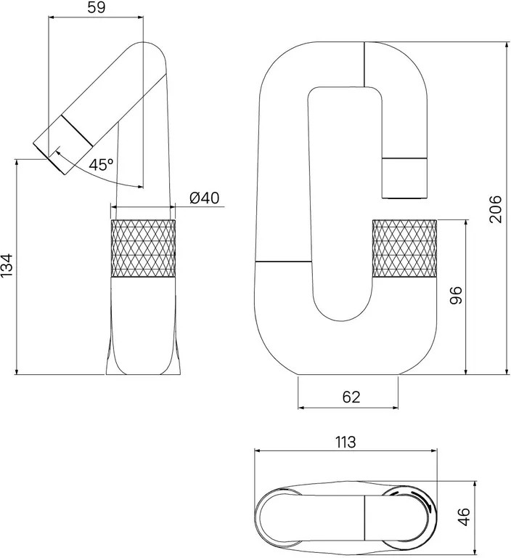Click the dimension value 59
[97, 7]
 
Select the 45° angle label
[101, 165]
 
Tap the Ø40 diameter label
[204, 198]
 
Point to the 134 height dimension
[7, 264]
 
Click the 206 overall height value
[495, 209]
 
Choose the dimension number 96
[456, 295]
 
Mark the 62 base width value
[351, 397]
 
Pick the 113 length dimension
[346, 442]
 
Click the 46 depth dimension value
[464, 517]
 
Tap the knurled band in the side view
[143, 248]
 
